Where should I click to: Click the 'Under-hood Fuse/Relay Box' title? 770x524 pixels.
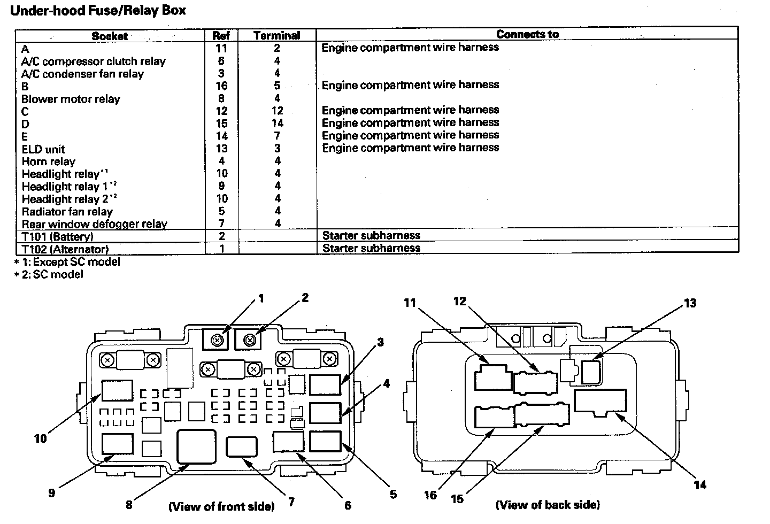tap(98, 11)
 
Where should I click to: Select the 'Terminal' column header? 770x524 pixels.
tap(277, 35)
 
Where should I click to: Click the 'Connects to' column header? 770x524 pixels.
tap(527, 34)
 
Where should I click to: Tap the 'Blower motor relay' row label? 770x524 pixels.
tap(71, 99)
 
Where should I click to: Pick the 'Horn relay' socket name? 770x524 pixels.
tap(49, 161)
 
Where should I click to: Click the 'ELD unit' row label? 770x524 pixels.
tap(43, 149)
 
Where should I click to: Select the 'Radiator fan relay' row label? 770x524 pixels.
tap(67, 211)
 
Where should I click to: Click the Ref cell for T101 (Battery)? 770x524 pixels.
tap(222, 236)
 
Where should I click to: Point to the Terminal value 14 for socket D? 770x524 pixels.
tap(278, 123)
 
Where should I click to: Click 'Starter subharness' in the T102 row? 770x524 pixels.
tap(371, 248)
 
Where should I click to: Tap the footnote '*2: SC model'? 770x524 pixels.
tap(49, 274)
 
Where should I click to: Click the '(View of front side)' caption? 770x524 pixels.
tap(221, 506)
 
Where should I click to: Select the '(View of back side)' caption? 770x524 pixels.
tap(548, 505)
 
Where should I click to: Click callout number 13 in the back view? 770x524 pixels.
tap(690, 303)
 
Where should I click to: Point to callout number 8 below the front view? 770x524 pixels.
tap(129, 505)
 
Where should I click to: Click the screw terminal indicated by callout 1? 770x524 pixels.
tap(217, 341)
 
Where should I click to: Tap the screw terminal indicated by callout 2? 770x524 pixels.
tap(250, 341)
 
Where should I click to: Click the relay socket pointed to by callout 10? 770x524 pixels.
tap(117, 390)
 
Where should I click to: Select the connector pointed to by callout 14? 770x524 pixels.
tap(600, 402)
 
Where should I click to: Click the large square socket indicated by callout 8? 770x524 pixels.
tap(196, 446)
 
